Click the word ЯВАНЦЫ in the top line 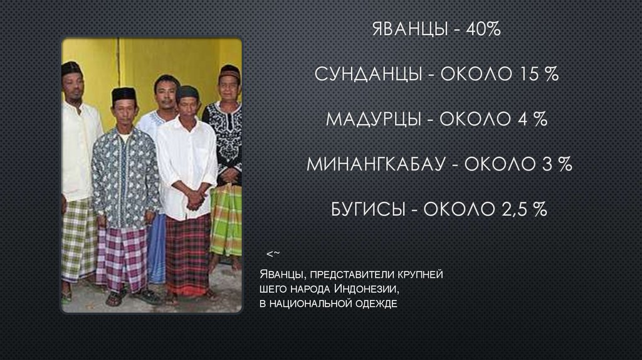point(408,29)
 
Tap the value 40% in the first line point(483,29)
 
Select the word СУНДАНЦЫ point(367,74)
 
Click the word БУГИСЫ point(367,209)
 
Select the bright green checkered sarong point(226,220)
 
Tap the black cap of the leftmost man point(71,67)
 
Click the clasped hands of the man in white point(195,200)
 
